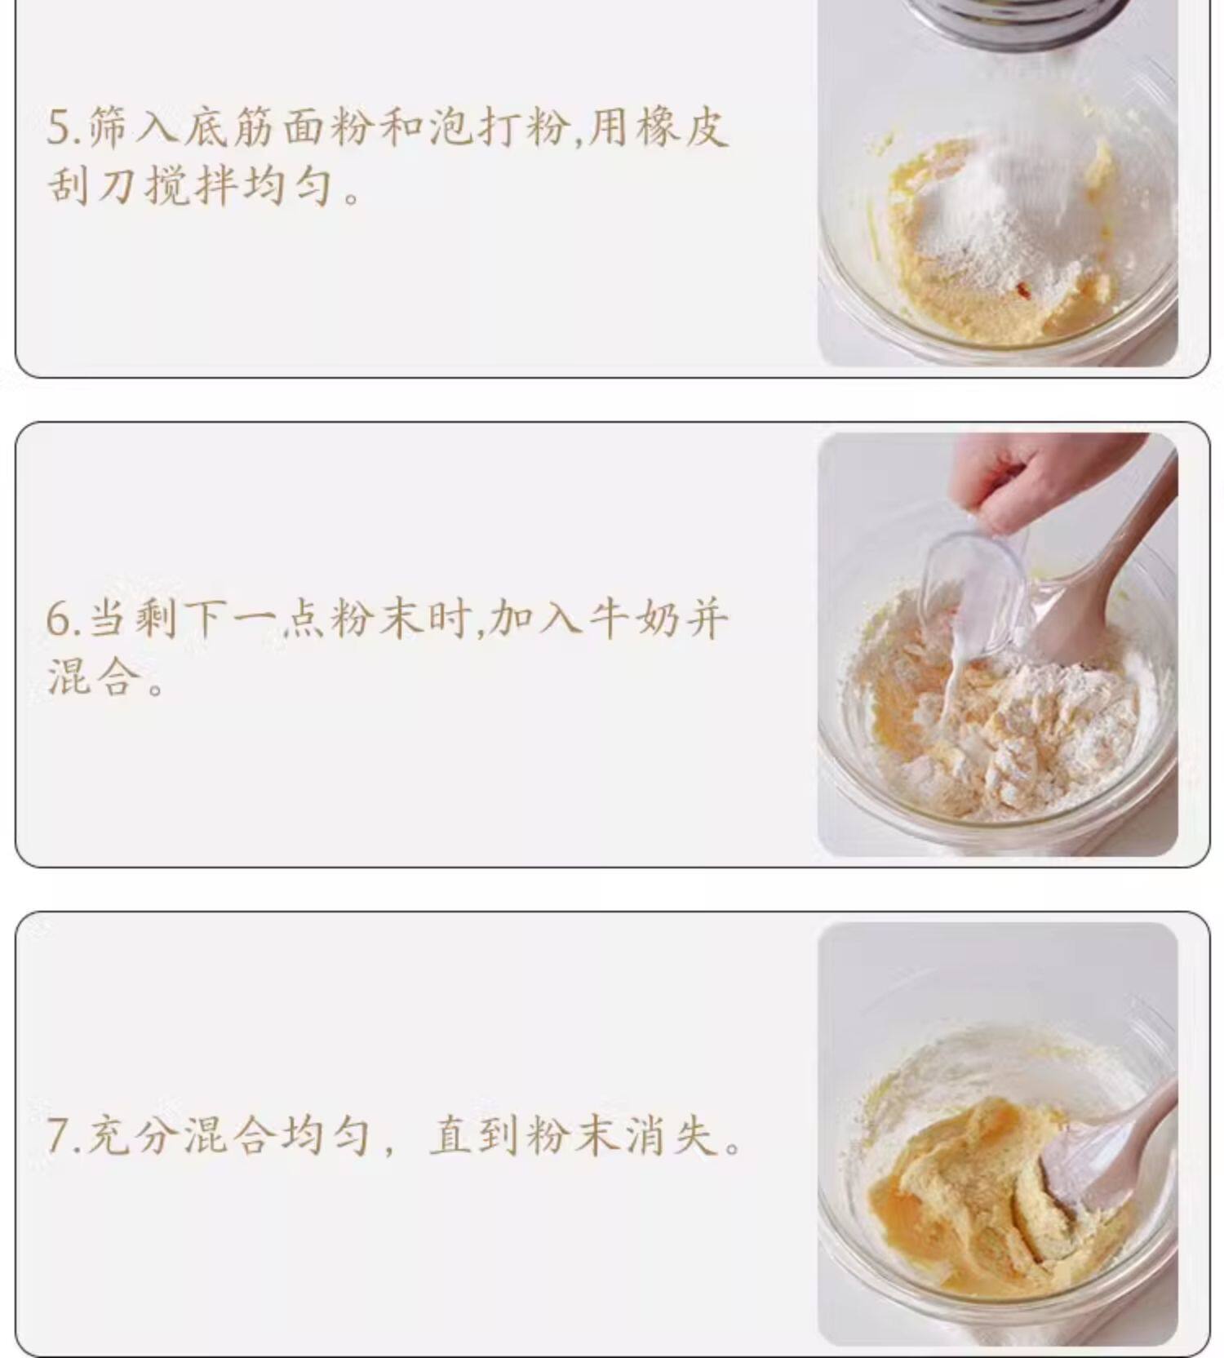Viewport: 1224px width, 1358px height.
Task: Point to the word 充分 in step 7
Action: point(131,1134)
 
